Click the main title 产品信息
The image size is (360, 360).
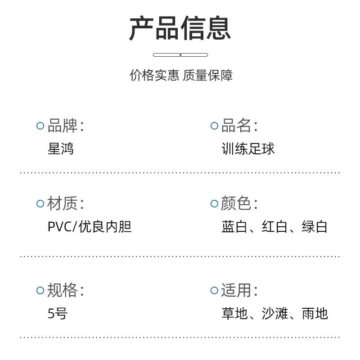pos(180,28)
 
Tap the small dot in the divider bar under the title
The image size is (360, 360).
pos(180,55)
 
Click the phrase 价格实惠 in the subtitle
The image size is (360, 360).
pos(154,75)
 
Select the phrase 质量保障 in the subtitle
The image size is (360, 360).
pos(208,75)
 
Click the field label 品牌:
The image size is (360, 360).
pos(66,126)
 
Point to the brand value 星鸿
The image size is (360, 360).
pos(61,148)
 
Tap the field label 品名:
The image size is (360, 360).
pos(239,126)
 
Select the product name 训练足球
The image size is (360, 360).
pos(248,148)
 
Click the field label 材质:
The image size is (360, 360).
pos(66,203)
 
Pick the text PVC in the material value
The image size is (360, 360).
pos(60,227)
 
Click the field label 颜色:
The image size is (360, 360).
pos(239,203)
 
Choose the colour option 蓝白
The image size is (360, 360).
pos(234,227)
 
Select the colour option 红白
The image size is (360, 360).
pos(274,227)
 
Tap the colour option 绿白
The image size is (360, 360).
pos(315,227)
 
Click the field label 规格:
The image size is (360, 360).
pos(66,290)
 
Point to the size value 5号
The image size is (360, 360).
pos(58,313)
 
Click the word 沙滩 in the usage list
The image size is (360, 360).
pos(274,313)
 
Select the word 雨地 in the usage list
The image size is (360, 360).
pos(315,313)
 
